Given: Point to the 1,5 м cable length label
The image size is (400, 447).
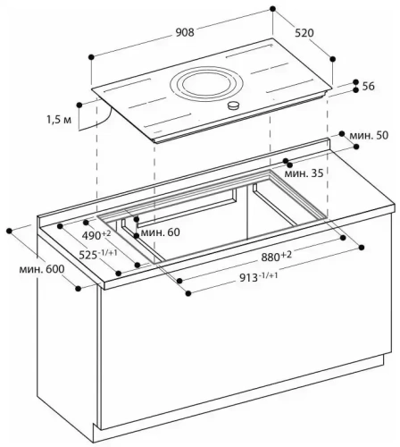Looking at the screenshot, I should (58, 118).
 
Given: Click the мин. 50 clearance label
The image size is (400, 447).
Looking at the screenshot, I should (368, 135).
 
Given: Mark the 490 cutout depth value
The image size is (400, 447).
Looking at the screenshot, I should (96, 234).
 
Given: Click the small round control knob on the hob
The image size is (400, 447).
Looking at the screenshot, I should (235, 106).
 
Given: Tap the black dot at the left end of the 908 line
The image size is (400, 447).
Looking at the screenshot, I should (92, 56).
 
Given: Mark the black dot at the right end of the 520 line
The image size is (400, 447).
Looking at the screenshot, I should (332, 57).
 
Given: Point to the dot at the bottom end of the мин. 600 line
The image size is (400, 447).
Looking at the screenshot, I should (79, 289).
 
